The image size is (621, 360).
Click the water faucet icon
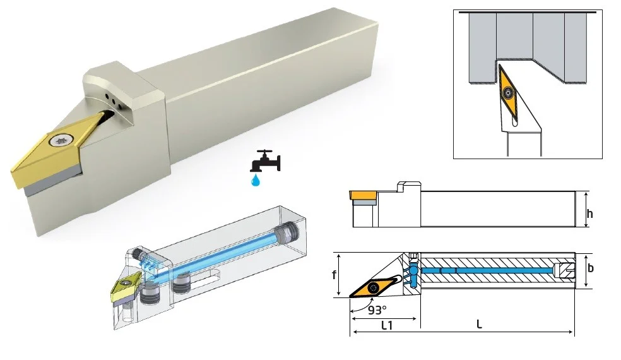point(265,160)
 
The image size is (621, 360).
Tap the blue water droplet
point(256,180)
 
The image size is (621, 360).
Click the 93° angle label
point(376,309)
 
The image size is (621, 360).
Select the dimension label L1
point(387,325)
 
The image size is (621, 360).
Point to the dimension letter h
point(590,213)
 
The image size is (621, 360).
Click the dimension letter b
point(591,268)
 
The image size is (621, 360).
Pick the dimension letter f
point(334,274)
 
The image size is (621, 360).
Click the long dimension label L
point(479,325)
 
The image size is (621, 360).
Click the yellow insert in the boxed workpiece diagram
point(509,93)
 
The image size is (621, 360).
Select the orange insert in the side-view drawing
point(363,195)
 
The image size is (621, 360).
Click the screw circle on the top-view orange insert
point(374,288)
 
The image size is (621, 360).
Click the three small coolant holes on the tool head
point(113,100)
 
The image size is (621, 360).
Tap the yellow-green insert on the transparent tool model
point(126,287)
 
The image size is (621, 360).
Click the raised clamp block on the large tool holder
point(123,91)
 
